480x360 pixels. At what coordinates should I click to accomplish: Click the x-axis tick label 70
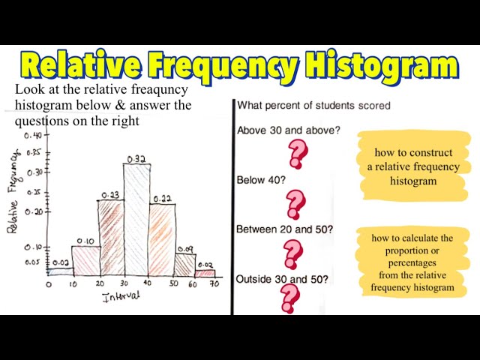click(214, 284)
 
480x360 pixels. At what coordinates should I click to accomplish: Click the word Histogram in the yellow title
click(374, 66)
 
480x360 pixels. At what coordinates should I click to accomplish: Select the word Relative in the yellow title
click(83, 66)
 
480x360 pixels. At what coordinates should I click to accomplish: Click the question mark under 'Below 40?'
click(296, 203)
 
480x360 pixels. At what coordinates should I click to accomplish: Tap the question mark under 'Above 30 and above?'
click(298, 154)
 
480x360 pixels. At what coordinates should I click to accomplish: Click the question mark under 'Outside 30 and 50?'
click(289, 298)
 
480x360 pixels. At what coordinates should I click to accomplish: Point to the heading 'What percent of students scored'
click(313, 106)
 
